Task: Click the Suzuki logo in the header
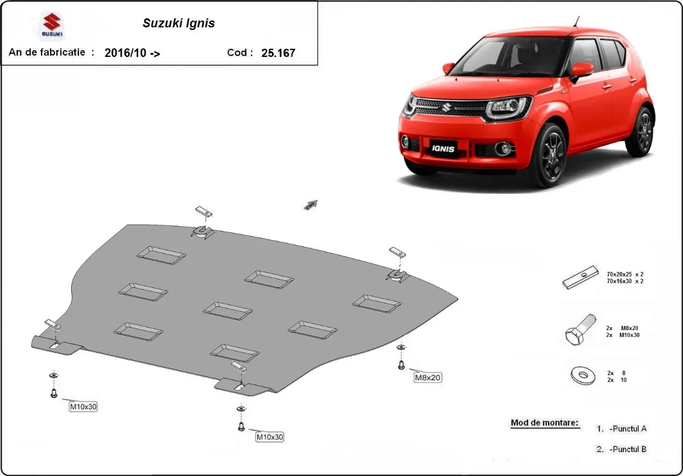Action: click(x=52, y=26)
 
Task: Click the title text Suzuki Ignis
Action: click(x=178, y=24)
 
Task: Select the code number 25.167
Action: click(x=278, y=53)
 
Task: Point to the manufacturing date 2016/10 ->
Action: click(x=132, y=53)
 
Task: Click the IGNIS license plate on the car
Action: click(x=443, y=148)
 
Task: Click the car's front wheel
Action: click(x=546, y=156)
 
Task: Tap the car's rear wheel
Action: click(x=641, y=131)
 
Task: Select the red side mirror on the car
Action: click(x=581, y=70)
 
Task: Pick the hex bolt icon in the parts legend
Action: click(x=581, y=329)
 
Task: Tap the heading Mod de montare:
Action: click(x=544, y=423)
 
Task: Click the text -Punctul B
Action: click(x=627, y=449)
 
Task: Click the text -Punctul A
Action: click(x=627, y=428)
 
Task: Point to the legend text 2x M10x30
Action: click(x=623, y=335)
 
